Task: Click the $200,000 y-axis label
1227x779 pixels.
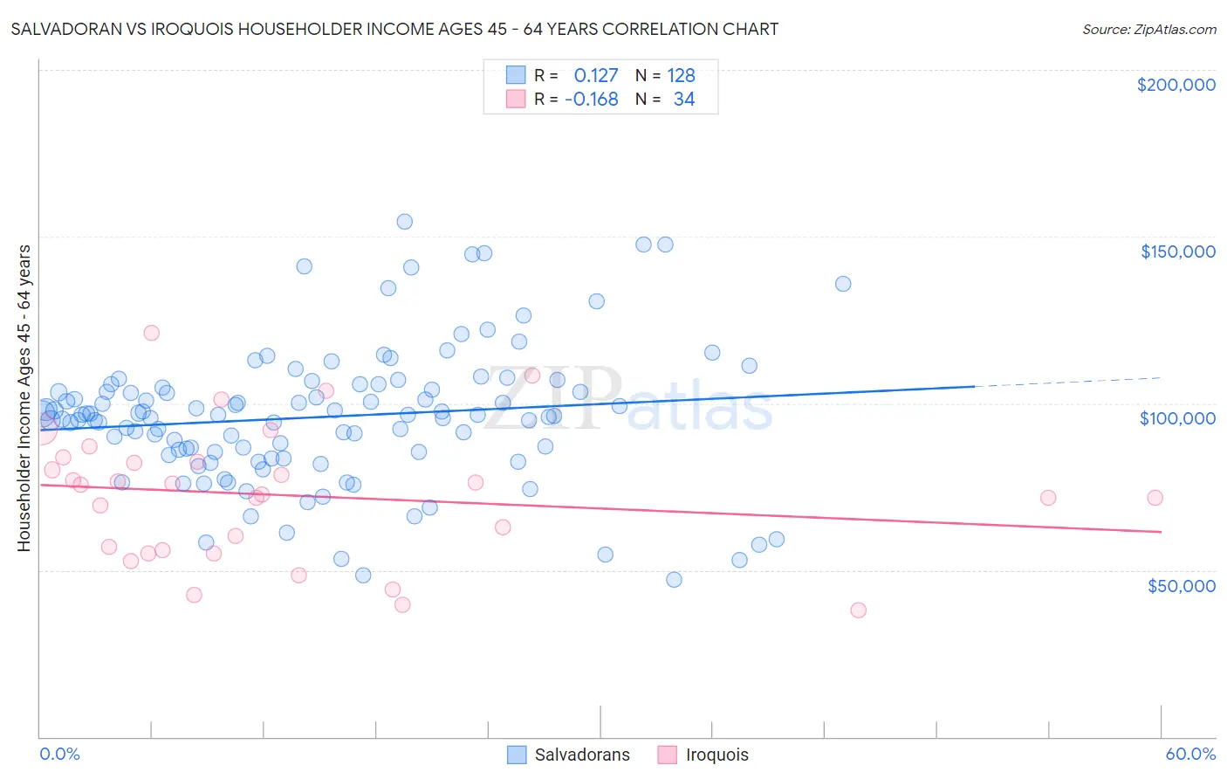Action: coord(1176,85)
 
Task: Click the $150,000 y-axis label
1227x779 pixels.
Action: coord(1177,252)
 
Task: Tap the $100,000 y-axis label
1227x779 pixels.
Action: coord(1177,418)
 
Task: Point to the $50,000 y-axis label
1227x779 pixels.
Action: coord(1181,585)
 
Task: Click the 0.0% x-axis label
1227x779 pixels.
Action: coord(59,754)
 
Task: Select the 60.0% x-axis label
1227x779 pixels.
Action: coord(1190,754)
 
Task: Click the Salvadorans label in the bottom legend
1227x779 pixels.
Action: coord(582,755)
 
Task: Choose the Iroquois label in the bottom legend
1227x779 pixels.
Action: coord(716,755)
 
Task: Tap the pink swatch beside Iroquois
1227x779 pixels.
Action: coord(668,755)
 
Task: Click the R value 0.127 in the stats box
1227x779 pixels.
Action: coord(595,76)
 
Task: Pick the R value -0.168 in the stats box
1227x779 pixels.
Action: coord(592,100)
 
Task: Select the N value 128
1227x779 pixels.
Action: coord(681,76)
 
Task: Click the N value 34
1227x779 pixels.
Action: coord(683,100)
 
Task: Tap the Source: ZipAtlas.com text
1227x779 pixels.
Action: coord(1148,29)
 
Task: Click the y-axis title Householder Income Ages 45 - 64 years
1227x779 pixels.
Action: coord(24,397)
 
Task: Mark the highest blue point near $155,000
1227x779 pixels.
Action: coord(404,222)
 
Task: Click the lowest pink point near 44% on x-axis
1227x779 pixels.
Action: coord(858,610)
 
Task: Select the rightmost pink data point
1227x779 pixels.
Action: coord(1155,498)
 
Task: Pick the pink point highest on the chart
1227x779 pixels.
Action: coord(151,333)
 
